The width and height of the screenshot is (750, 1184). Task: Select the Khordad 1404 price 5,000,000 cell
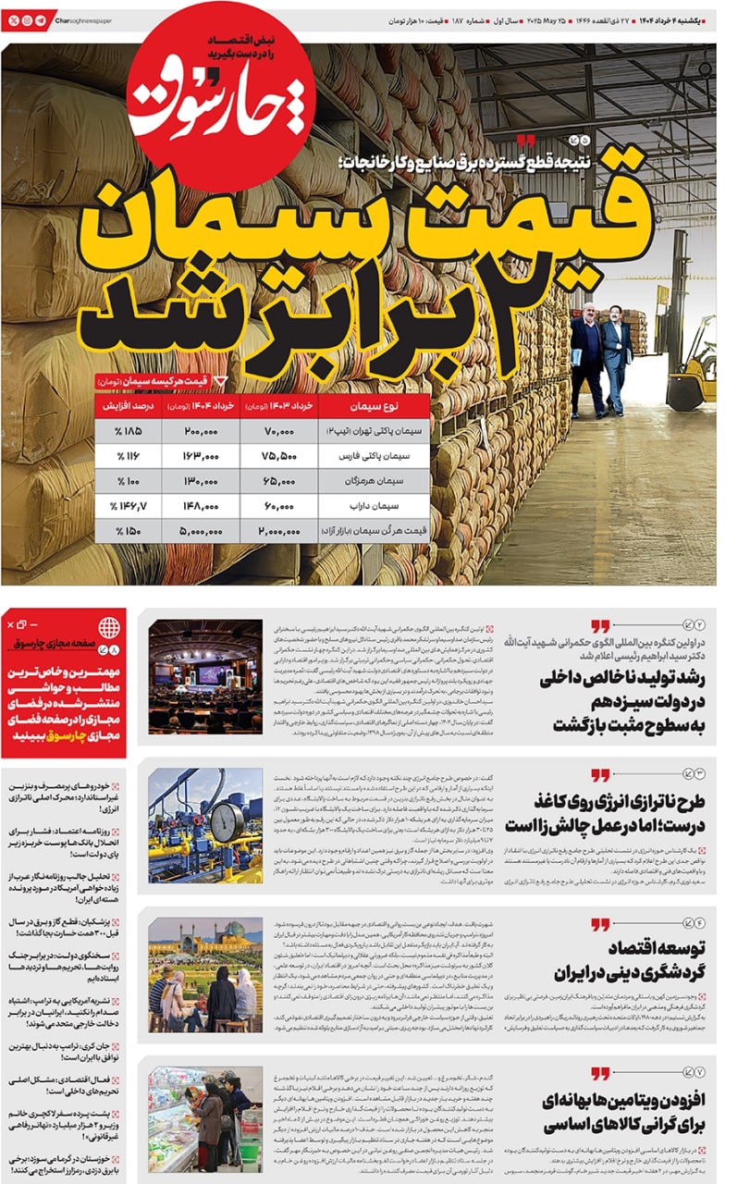point(201,532)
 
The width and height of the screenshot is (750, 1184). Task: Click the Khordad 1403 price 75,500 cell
point(278,456)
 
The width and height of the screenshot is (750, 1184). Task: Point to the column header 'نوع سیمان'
point(374,406)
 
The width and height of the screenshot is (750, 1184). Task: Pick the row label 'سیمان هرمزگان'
point(374,482)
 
